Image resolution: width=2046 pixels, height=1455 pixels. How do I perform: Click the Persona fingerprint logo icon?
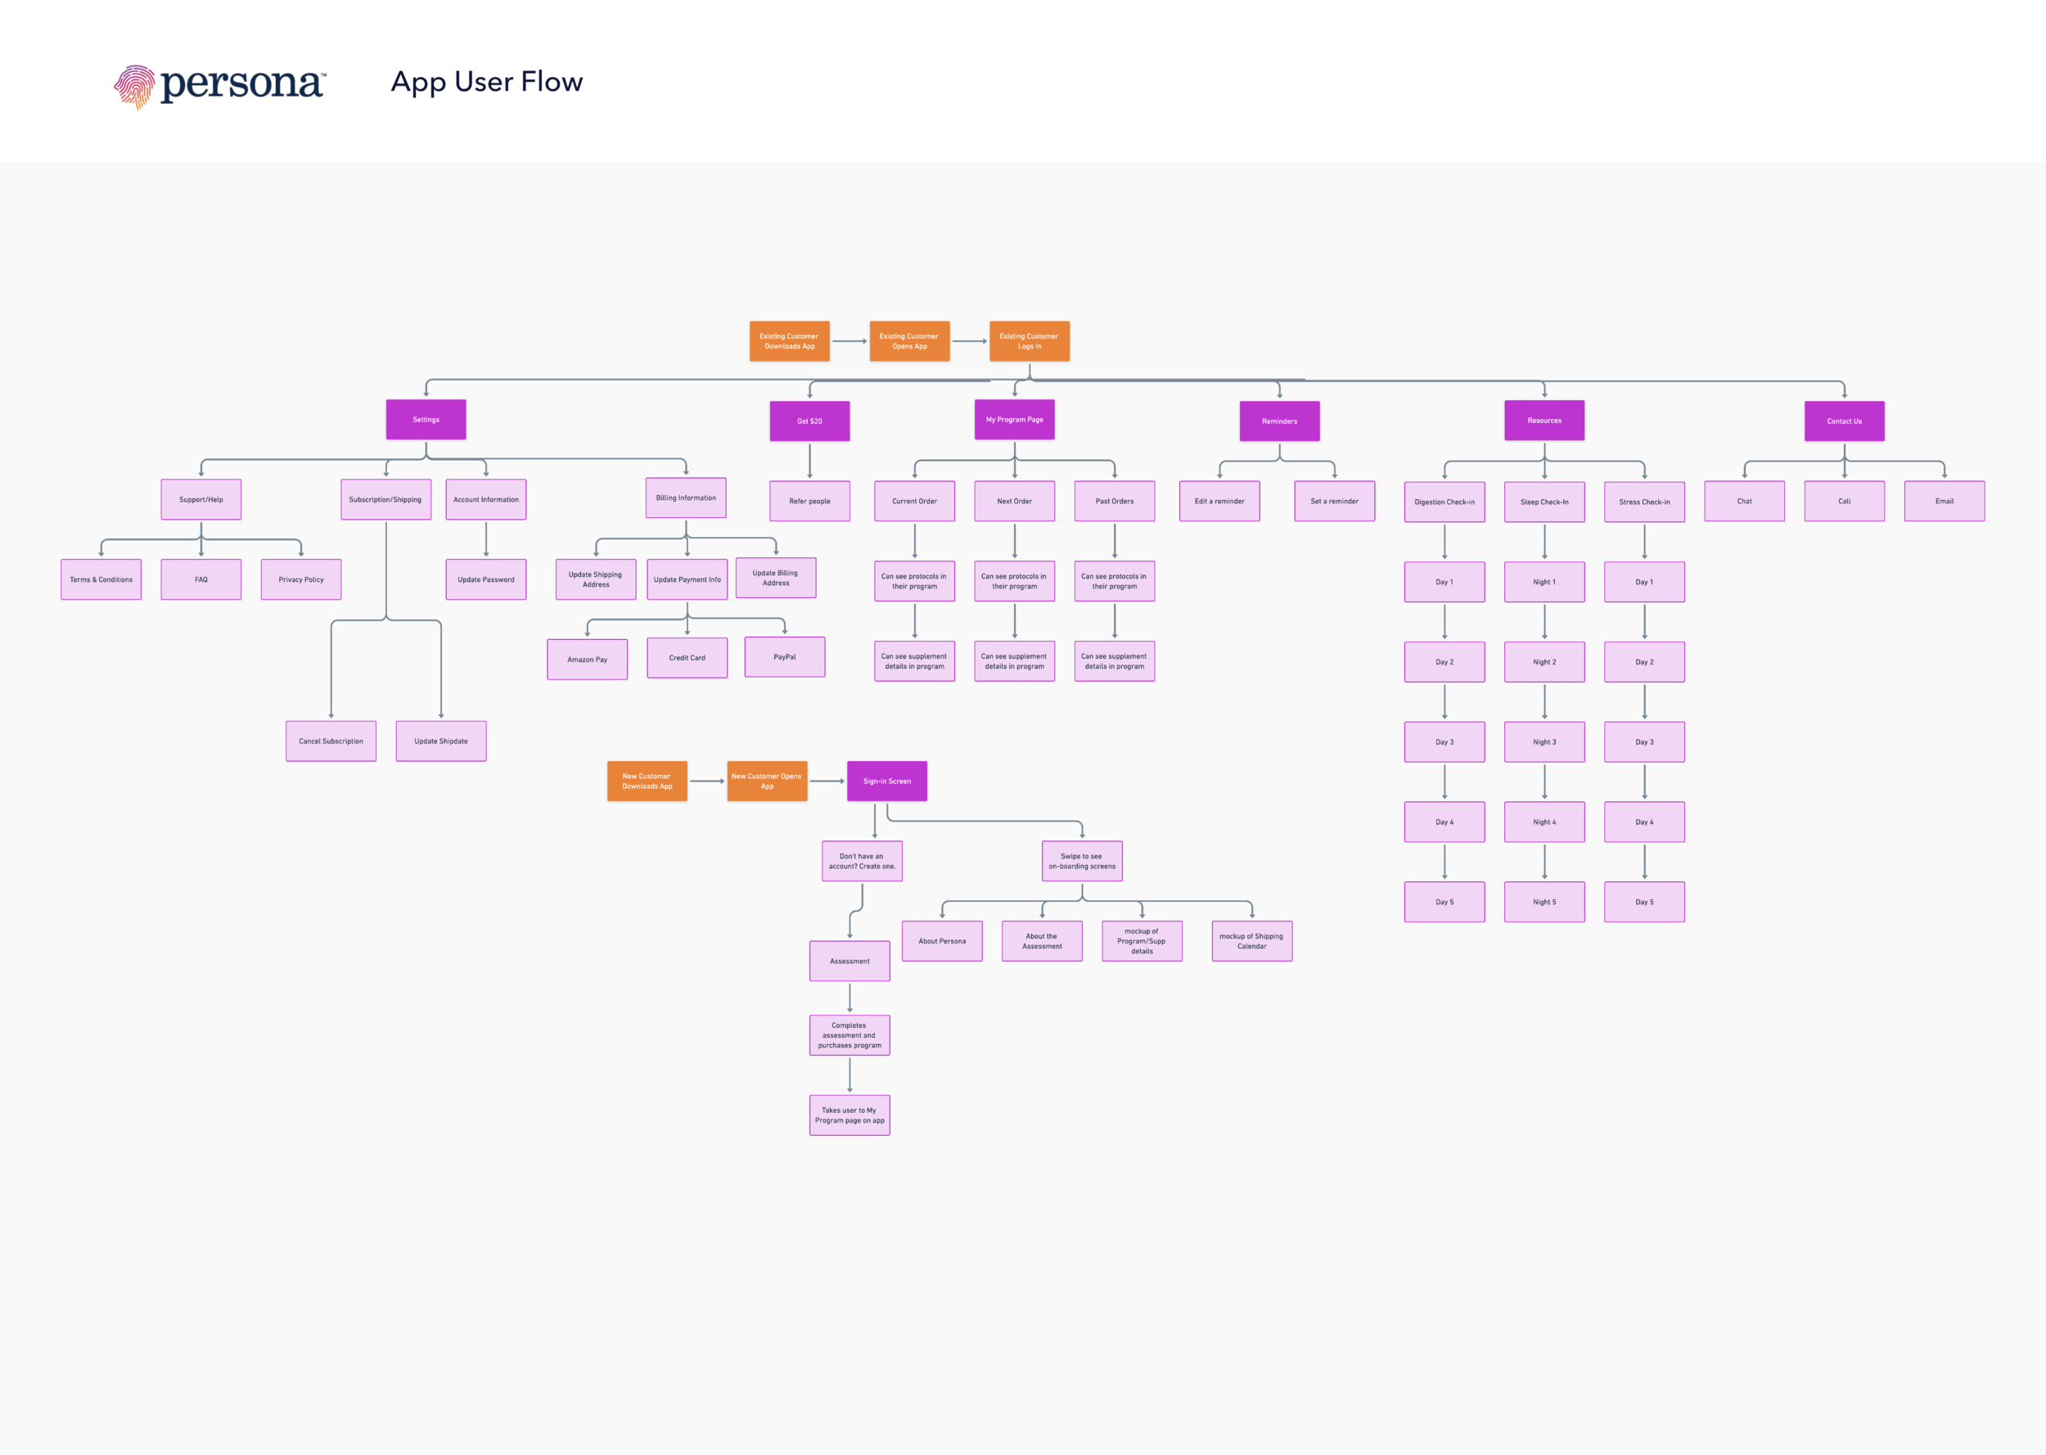click(x=134, y=87)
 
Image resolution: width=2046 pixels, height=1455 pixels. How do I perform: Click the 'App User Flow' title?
click(x=486, y=82)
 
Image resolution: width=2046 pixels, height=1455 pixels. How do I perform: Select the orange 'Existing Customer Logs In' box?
click(x=1030, y=341)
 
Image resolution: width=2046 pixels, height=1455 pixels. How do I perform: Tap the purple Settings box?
click(x=426, y=419)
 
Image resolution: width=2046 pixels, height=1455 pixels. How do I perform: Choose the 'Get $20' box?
click(x=809, y=421)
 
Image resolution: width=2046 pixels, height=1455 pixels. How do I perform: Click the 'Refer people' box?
click(x=809, y=501)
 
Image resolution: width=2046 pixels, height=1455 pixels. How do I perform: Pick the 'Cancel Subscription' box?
click(x=331, y=741)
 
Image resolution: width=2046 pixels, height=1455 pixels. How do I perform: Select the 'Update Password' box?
click(x=485, y=579)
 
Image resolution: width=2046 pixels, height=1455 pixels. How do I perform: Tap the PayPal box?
click(x=784, y=657)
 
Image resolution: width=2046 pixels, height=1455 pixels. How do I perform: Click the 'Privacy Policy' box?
click(x=301, y=579)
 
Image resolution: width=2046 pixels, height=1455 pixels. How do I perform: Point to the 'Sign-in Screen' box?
click(x=887, y=782)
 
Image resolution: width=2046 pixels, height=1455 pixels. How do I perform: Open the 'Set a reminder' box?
click(x=1334, y=501)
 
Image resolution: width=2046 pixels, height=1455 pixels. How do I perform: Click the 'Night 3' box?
click(x=1544, y=742)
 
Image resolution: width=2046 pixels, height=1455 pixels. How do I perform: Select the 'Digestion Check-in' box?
click(x=1444, y=502)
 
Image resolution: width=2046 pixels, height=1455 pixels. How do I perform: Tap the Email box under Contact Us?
click(x=1944, y=501)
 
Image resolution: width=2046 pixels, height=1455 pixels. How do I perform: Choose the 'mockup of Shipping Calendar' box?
click(x=1251, y=941)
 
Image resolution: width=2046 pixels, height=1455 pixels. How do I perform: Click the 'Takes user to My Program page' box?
click(x=849, y=1115)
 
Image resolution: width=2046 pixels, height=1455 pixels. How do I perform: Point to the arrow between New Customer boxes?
click(x=707, y=782)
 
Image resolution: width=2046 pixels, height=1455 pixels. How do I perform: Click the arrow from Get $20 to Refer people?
click(x=809, y=461)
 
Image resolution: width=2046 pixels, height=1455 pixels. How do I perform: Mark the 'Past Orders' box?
click(x=1115, y=501)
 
